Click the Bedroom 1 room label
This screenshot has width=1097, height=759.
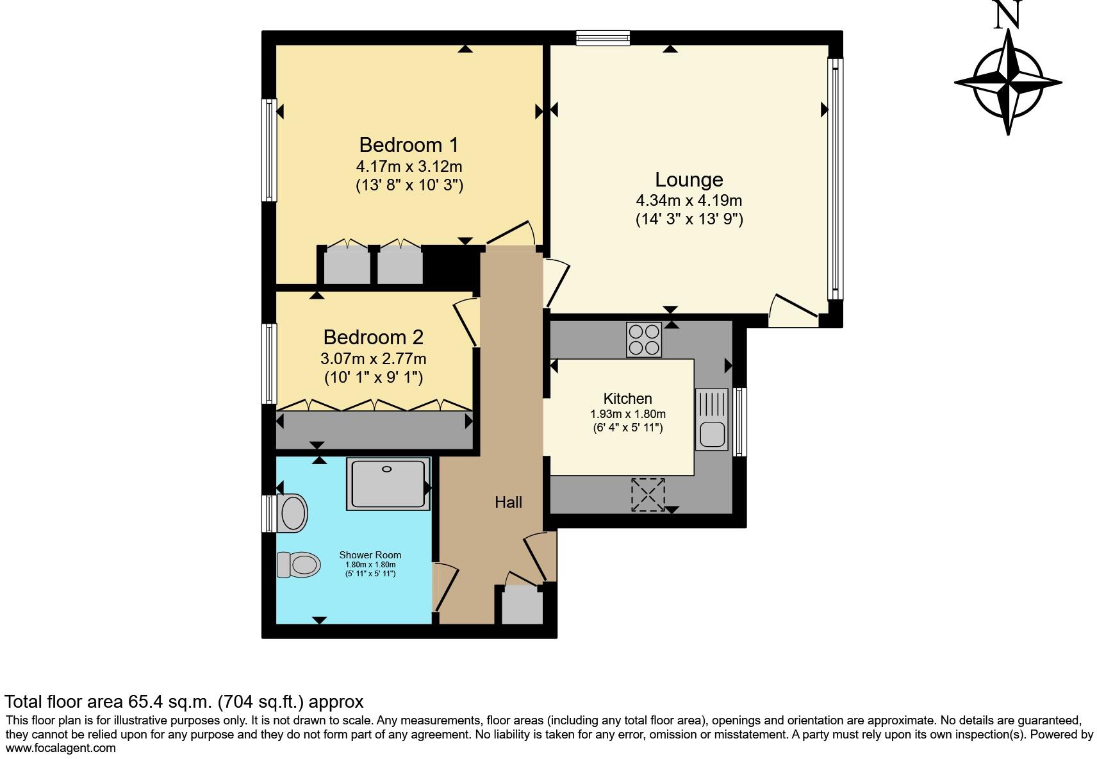408,145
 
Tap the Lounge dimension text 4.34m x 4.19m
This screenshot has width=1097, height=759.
689,200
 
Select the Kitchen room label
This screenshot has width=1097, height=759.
627,398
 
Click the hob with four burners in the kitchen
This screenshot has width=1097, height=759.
644,339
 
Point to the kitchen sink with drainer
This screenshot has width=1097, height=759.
711,419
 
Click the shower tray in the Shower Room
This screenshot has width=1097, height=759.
388,484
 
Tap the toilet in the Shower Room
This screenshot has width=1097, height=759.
299,565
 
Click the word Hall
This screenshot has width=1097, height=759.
508,503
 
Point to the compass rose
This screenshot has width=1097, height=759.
1008,83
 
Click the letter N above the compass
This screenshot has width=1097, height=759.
1007,14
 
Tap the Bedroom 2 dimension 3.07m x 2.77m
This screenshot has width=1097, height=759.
373,359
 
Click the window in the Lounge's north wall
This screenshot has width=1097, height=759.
602,38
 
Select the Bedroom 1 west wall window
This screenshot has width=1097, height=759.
270,150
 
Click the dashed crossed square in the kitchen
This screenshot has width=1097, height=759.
648,495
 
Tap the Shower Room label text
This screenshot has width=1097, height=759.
370,555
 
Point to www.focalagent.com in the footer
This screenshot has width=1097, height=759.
61,747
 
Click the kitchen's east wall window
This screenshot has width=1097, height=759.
739,421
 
